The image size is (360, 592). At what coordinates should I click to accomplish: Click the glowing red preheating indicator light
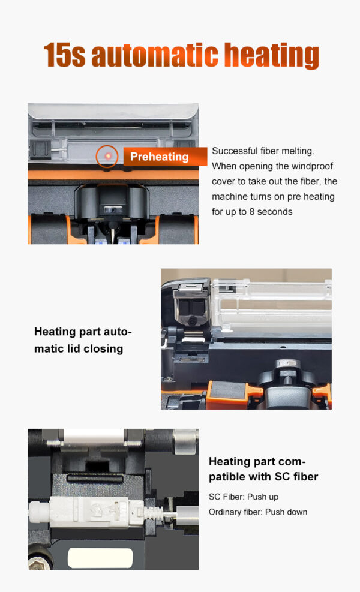[107, 156]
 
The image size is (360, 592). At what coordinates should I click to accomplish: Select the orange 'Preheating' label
[159, 157]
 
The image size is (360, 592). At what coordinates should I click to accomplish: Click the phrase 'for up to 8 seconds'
[252, 211]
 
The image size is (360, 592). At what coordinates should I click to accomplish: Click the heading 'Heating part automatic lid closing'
[83, 339]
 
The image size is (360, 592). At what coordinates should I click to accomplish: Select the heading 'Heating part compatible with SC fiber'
[263, 469]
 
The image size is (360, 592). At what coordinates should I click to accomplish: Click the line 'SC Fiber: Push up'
[244, 497]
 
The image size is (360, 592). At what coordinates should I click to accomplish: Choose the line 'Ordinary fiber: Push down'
[258, 512]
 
